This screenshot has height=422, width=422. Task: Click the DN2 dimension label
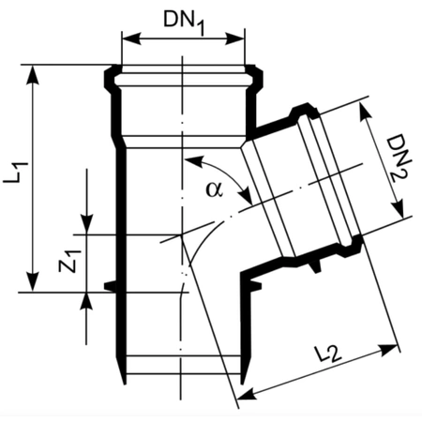point(399,158)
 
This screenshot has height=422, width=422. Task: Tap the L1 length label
point(16,172)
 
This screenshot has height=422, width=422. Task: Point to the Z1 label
point(69,261)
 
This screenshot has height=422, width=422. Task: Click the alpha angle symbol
point(215,189)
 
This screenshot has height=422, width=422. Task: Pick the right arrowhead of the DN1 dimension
point(234,39)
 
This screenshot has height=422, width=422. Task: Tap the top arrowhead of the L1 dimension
point(33,75)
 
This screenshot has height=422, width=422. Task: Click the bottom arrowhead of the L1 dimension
point(33,282)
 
